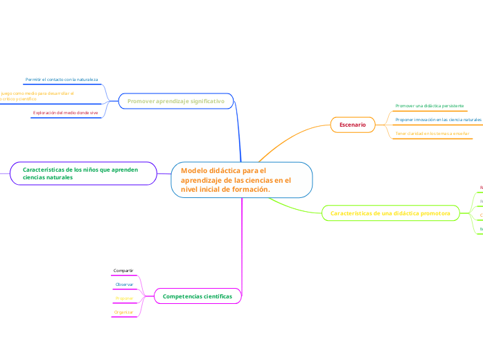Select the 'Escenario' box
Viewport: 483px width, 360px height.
353,124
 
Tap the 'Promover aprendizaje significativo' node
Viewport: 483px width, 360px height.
175,101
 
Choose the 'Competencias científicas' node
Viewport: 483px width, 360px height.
197,296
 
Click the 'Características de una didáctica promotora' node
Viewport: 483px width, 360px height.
390,213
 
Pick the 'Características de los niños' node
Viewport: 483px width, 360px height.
81,173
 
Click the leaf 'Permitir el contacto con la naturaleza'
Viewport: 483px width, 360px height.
62,80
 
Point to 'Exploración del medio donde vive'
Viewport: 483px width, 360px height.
65,112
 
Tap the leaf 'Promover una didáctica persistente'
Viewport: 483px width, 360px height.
430,106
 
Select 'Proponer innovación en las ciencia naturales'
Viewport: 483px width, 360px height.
438,120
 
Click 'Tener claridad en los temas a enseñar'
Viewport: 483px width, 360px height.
432,133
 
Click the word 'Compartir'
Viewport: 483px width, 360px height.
123,270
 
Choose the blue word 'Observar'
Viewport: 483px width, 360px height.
124,284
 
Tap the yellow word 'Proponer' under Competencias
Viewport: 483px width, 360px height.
124,298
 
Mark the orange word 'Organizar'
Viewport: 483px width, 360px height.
124,312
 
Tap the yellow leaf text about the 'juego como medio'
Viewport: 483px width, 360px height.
35,96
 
